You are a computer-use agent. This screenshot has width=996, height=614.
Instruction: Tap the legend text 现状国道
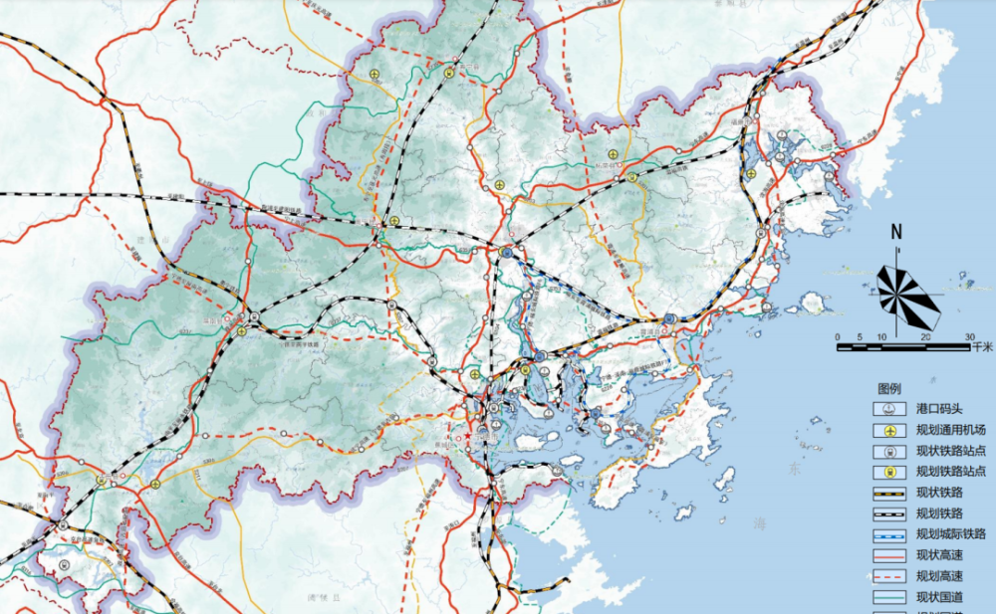[942, 597]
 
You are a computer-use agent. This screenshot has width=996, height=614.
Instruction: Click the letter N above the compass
[896, 233]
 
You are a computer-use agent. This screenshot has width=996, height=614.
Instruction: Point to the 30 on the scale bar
[970, 337]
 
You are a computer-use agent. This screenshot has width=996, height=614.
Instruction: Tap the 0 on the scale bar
[839, 337]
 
